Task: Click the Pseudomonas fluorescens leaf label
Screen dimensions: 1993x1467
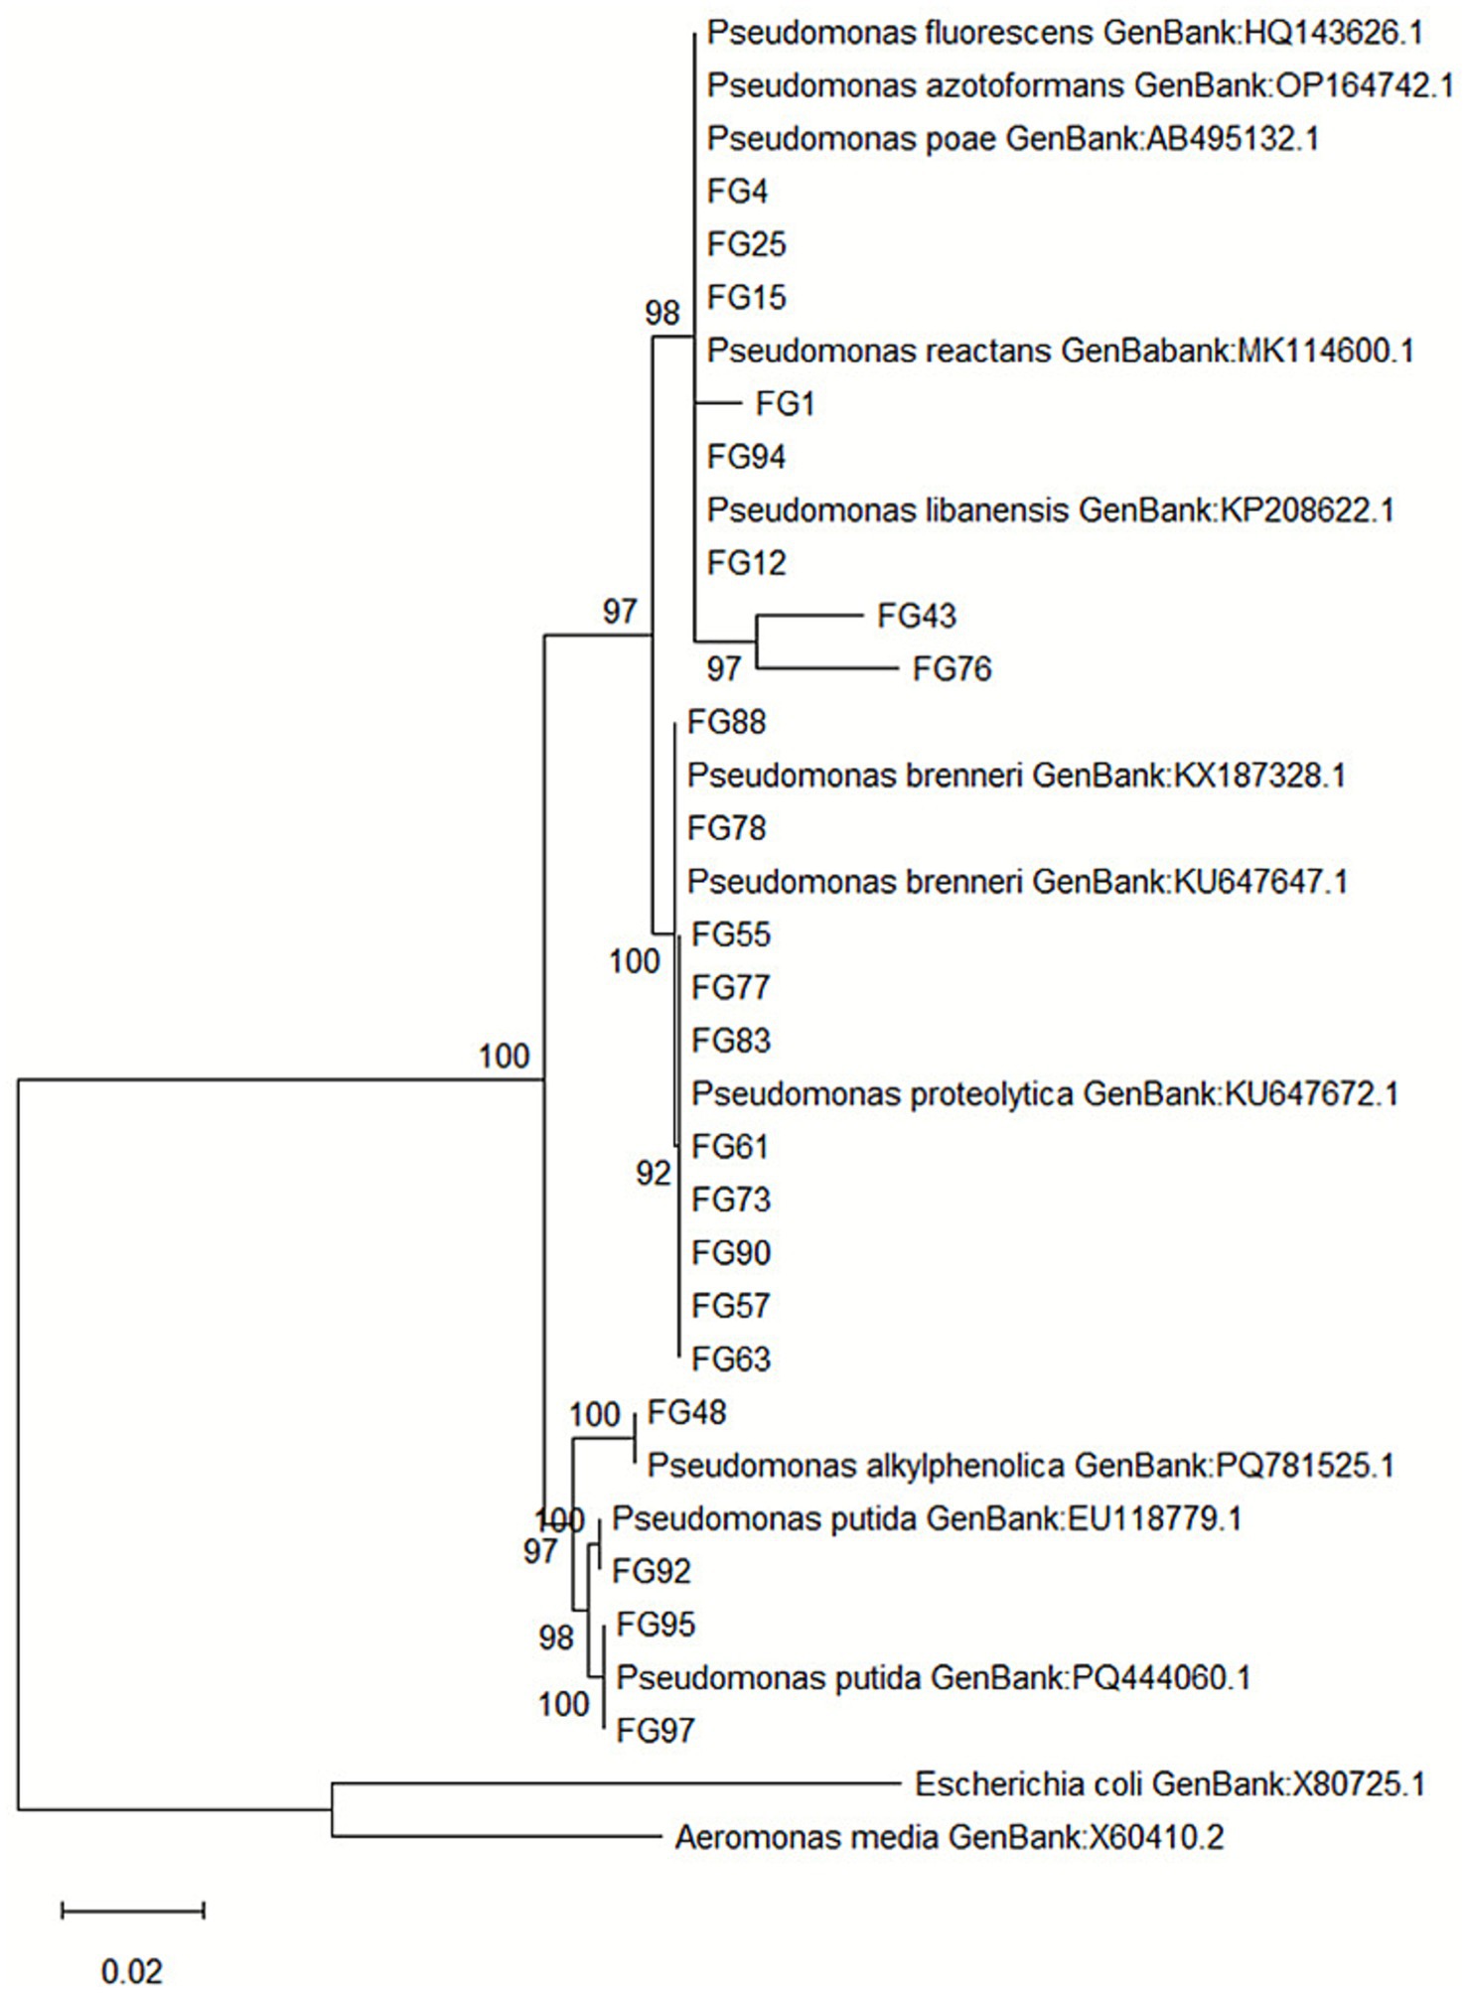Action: tap(1065, 33)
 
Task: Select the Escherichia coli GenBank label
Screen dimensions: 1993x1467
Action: tap(1169, 1784)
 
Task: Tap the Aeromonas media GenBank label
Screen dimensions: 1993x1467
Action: tap(949, 1837)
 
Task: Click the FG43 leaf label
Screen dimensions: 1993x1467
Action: tap(916, 616)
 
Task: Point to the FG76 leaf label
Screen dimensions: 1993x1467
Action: tap(952, 669)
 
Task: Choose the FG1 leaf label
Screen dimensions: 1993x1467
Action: tap(785, 404)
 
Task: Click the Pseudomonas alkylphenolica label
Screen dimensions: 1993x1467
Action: tap(1020, 1465)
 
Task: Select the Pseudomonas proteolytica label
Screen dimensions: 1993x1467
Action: tap(1045, 1093)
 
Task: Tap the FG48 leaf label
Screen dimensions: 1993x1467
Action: tap(686, 1412)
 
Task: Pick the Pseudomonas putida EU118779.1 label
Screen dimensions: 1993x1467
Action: tap(927, 1518)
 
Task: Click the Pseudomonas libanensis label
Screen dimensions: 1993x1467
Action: tap(1050, 510)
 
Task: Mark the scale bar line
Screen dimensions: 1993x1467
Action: tap(132, 1910)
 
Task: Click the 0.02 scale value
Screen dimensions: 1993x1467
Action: tap(132, 1969)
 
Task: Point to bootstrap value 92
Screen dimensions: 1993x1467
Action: tap(654, 1174)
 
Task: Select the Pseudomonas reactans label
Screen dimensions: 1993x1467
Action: tap(1060, 351)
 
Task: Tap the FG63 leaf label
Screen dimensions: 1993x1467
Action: tap(731, 1358)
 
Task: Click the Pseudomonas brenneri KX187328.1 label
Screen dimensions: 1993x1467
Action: tap(1016, 776)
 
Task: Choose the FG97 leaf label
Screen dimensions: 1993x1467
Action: tap(655, 1731)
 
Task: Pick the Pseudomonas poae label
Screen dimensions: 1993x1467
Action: tap(1012, 139)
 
